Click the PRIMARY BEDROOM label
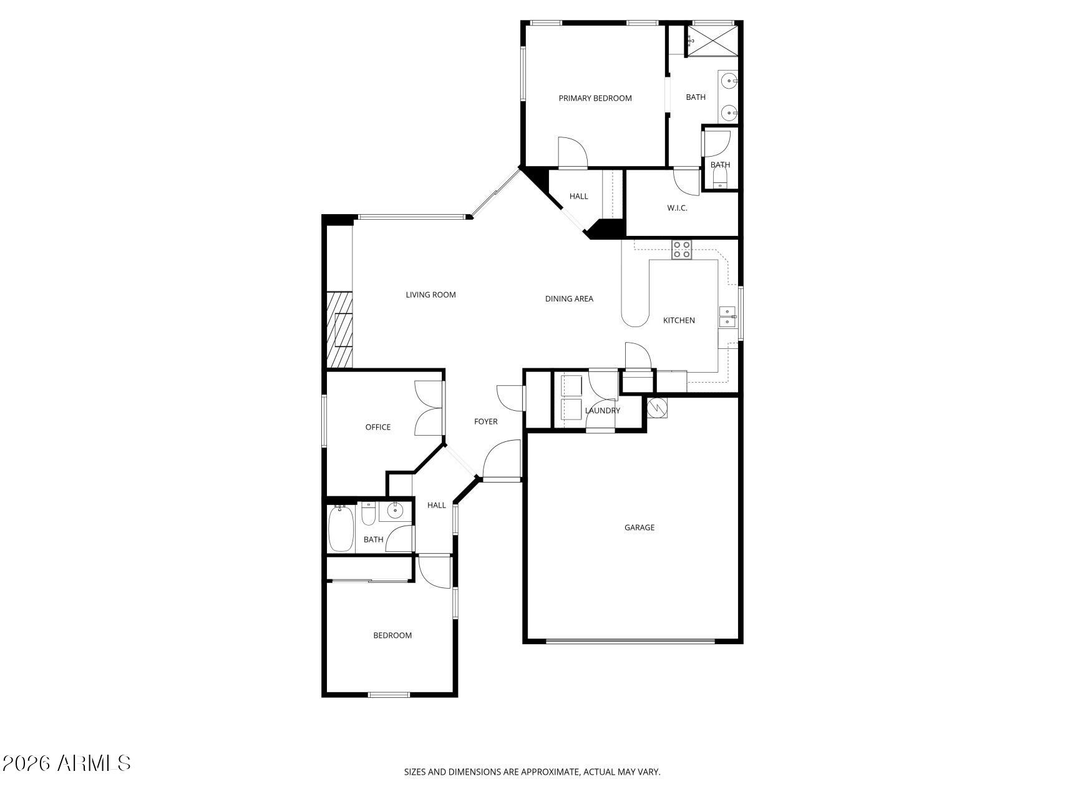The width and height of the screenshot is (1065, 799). [x=595, y=98]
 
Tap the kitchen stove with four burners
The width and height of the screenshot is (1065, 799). [x=681, y=250]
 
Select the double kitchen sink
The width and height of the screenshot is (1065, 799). [x=727, y=316]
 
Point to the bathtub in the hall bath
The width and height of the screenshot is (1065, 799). [x=341, y=529]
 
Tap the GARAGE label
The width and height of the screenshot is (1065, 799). [x=639, y=527]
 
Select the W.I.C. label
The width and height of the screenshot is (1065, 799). [x=677, y=208]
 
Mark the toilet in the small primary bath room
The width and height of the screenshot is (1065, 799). [x=720, y=179]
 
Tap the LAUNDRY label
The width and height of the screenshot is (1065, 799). [x=603, y=410]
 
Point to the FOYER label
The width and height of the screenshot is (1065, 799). [x=486, y=421]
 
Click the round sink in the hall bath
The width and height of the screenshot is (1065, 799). [x=395, y=511]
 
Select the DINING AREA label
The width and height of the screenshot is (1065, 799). [x=569, y=298]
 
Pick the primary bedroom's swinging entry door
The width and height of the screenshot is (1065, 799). [x=572, y=153]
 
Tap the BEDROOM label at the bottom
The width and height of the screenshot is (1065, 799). [x=392, y=635]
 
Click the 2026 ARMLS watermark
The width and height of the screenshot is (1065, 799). [x=66, y=763]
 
